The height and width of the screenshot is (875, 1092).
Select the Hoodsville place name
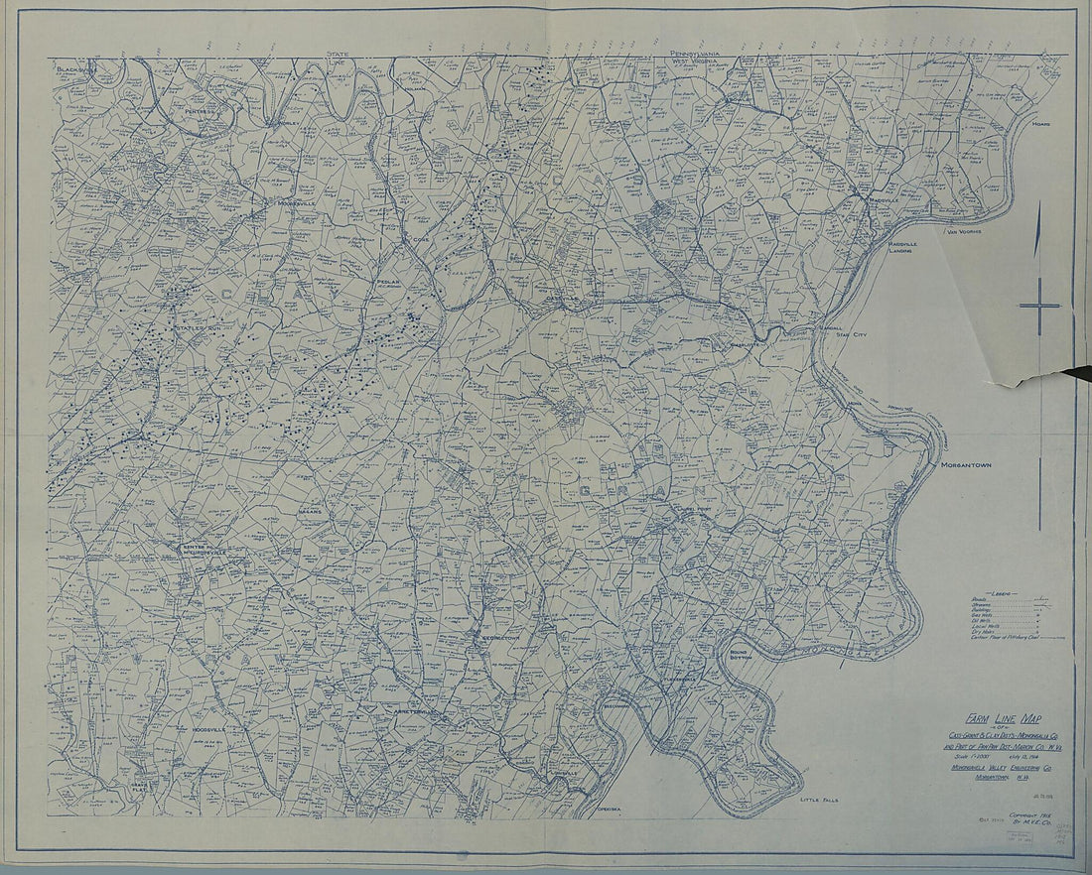pyautogui.click(x=204, y=728)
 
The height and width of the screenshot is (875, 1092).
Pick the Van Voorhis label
pyautogui.click(x=963, y=232)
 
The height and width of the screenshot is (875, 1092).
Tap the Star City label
pyautogui.click(x=852, y=335)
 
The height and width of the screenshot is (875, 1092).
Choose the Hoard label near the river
pyautogui.click(x=1040, y=124)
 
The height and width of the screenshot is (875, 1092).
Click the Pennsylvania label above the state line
pyautogui.click(x=701, y=53)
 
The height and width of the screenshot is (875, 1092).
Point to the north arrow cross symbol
pyautogui.click(x=1039, y=306)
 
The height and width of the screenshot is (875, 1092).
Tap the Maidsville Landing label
pyautogui.click(x=902, y=246)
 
